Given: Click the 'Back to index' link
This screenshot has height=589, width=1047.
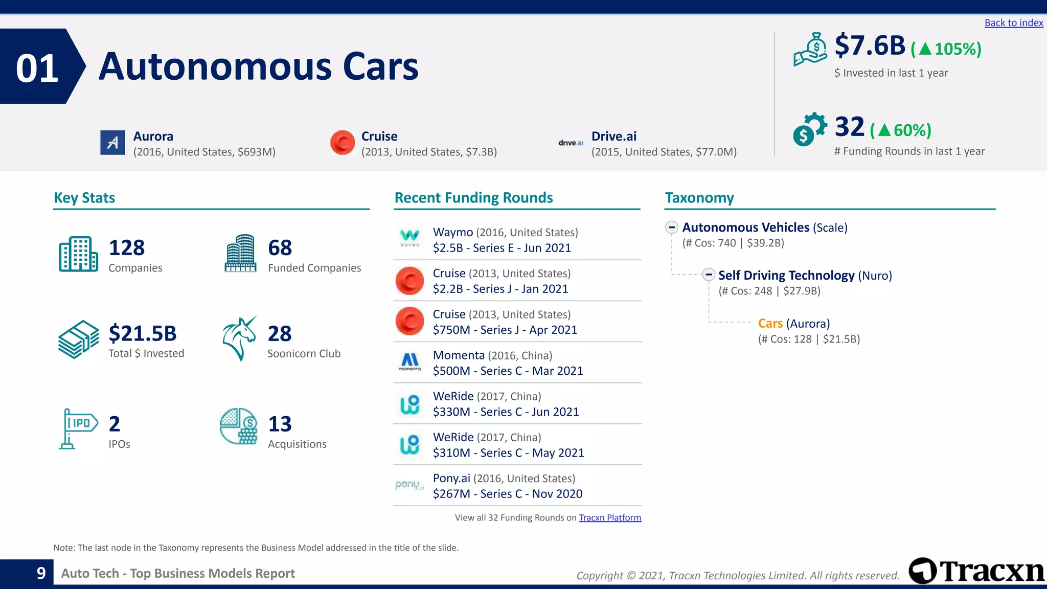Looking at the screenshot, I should [1013, 23].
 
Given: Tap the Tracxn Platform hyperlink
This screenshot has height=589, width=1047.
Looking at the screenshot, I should [609, 517].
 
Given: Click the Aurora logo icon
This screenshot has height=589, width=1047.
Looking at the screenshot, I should [112, 143].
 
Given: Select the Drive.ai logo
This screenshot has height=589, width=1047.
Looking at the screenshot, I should [571, 143].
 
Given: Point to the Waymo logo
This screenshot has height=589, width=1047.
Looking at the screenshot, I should [409, 238].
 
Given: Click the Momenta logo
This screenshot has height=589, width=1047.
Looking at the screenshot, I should [409, 361].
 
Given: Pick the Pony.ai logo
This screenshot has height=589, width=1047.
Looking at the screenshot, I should [409, 485].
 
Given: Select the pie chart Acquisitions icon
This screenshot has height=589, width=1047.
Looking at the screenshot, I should [239, 426].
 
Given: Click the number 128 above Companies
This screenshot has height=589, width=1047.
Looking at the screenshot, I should [127, 248].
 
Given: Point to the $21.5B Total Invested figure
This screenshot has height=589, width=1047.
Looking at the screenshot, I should [143, 333].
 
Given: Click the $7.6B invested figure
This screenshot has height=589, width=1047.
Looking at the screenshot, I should [870, 46].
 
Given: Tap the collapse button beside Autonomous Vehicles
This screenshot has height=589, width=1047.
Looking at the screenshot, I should [672, 228].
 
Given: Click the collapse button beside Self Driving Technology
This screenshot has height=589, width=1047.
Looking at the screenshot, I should [708, 275].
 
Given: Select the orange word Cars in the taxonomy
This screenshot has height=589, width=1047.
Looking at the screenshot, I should [770, 324].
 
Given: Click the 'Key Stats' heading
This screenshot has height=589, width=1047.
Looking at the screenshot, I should [84, 198].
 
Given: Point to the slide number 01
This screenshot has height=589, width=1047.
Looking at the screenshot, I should [37, 69].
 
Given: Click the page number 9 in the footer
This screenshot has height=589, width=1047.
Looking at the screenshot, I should [41, 573].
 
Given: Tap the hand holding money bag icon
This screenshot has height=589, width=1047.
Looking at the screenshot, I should [810, 50].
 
